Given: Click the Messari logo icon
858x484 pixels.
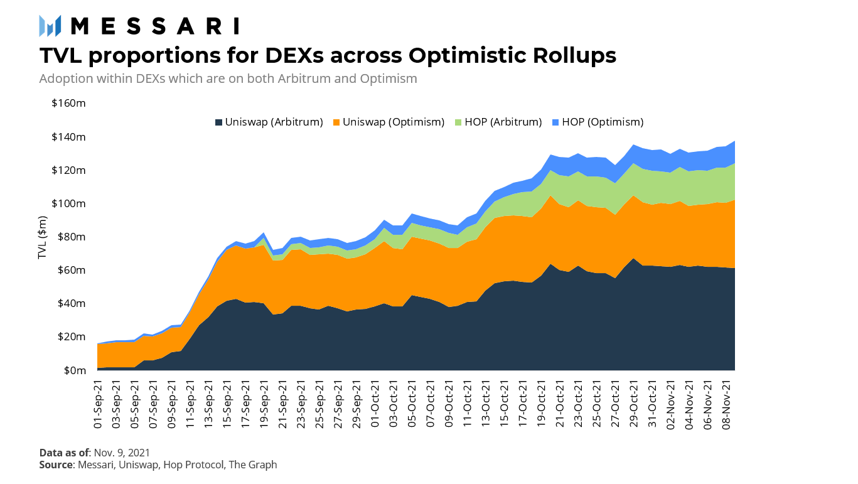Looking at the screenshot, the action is pyautogui.click(x=50, y=26).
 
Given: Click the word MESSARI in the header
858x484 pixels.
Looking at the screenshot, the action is pyautogui.click(x=155, y=26).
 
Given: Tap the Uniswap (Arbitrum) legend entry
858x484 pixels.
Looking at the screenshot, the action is pyautogui.click(x=269, y=122).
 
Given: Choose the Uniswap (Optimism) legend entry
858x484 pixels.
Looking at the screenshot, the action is pyautogui.click(x=389, y=122).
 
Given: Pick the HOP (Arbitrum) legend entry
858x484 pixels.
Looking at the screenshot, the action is pyautogui.click(x=498, y=122).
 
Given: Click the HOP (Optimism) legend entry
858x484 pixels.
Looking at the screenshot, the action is pyautogui.click(x=598, y=122).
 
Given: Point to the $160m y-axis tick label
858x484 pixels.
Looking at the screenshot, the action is pyautogui.click(x=68, y=103).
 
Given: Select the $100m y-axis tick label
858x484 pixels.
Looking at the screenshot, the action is pyautogui.click(x=68, y=203).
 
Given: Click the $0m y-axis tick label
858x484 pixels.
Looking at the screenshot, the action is pyautogui.click(x=75, y=370).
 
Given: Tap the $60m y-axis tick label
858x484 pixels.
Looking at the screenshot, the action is pyautogui.click(x=72, y=270).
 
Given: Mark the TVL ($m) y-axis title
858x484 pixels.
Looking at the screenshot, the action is pyautogui.click(x=42, y=237).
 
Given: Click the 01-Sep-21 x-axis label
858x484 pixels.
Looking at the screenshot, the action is pyautogui.click(x=98, y=404).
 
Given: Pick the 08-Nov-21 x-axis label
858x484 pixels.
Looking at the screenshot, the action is pyautogui.click(x=726, y=405).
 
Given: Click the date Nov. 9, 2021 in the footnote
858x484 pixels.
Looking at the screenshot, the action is pyautogui.click(x=122, y=453).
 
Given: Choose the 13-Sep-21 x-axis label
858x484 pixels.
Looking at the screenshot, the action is pyautogui.click(x=209, y=404).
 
